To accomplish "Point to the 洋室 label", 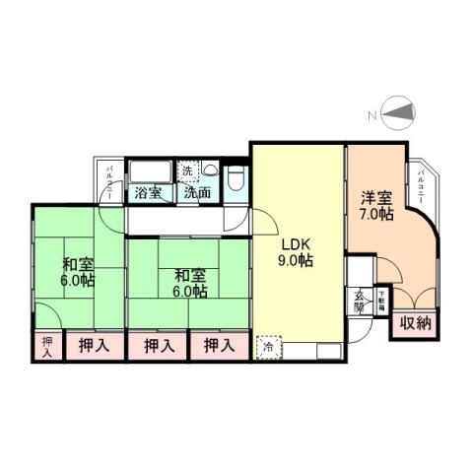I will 376,197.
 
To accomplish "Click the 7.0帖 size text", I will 376,214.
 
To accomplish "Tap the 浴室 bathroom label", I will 148,193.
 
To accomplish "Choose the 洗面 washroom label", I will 196,193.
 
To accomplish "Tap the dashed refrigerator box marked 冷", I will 268,347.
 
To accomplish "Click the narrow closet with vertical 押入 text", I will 45,347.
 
